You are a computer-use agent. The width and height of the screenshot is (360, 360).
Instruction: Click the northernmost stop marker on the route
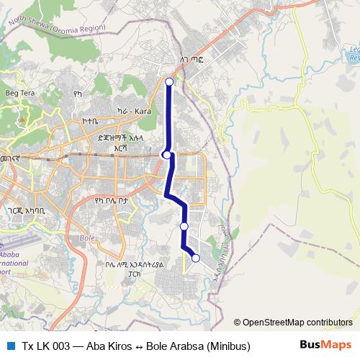(169, 81)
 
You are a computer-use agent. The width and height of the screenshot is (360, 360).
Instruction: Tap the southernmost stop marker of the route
(195, 258)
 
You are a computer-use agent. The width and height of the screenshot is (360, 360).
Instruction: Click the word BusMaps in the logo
(325, 345)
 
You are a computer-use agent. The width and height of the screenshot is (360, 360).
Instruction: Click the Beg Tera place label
(20, 94)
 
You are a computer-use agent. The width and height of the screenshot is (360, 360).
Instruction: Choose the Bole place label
(87, 238)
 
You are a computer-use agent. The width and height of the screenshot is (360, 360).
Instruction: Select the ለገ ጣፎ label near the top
(192, 61)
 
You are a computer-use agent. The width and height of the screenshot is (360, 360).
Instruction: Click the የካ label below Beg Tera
(79, 93)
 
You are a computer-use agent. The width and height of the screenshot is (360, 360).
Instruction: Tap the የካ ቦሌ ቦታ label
(110, 202)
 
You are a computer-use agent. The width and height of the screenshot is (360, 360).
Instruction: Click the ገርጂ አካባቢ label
(26, 211)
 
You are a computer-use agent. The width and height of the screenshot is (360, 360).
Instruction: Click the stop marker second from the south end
(184, 226)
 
